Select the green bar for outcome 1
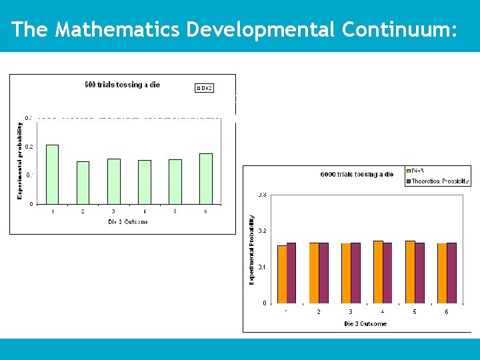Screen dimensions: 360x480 tap(52, 174)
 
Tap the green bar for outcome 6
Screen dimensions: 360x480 tap(206, 179)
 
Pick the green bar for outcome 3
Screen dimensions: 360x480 tap(114, 181)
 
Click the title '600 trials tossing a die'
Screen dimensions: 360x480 tap(122, 85)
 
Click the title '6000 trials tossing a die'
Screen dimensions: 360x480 tap(357, 175)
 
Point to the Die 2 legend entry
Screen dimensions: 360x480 tap(205, 88)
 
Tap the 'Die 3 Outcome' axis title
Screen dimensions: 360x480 tap(365, 324)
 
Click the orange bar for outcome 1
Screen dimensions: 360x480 tap(282, 274)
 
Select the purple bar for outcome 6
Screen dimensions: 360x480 tap(452, 273)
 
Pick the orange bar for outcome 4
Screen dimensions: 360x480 tap(378, 272)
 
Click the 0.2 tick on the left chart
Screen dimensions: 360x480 tap(29, 147)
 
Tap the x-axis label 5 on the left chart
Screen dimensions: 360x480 tap(175, 212)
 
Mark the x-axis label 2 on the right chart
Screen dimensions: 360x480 tap(318, 312)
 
